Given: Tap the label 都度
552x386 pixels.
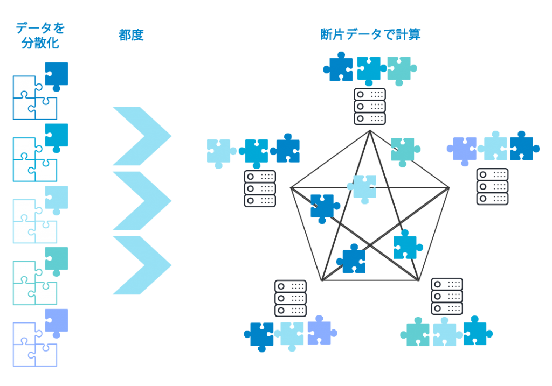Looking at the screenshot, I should [131, 36].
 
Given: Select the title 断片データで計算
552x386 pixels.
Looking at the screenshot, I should [370, 35].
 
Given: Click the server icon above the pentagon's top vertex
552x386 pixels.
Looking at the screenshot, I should [370, 107].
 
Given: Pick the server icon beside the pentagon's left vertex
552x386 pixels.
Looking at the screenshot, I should [260, 188].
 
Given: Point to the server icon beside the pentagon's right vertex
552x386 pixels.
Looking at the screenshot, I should [492, 186].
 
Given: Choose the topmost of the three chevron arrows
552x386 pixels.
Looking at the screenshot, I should [141, 136].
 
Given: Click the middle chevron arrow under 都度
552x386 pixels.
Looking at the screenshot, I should [141, 200].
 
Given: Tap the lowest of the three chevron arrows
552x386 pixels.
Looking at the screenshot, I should [141, 265].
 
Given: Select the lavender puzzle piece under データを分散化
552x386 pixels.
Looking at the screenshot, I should [56, 321].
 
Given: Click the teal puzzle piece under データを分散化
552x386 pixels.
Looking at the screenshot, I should [56, 259].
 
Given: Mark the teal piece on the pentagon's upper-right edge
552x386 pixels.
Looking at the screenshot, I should [403, 150].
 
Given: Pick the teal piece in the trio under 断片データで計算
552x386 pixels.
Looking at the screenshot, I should [399, 69].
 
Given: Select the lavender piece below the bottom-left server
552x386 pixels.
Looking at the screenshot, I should [320, 332].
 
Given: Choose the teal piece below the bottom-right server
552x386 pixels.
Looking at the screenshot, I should [417, 334].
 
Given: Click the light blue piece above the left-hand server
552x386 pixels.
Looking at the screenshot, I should [219, 151].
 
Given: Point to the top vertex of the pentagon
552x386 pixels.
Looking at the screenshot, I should [370, 130].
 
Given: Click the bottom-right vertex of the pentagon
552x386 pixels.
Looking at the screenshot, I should [419, 280].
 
